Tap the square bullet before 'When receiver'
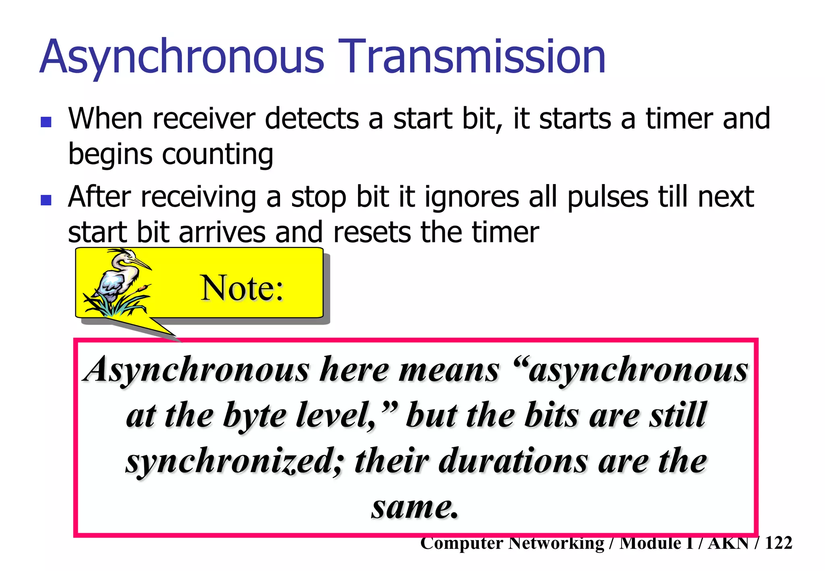(x=46, y=122)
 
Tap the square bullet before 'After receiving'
(x=46, y=200)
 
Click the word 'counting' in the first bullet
(x=218, y=155)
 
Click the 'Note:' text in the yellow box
(x=242, y=288)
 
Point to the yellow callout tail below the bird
(x=161, y=328)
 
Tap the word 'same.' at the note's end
(x=415, y=507)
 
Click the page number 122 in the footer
(x=778, y=543)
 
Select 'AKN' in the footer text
(x=728, y=543)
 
